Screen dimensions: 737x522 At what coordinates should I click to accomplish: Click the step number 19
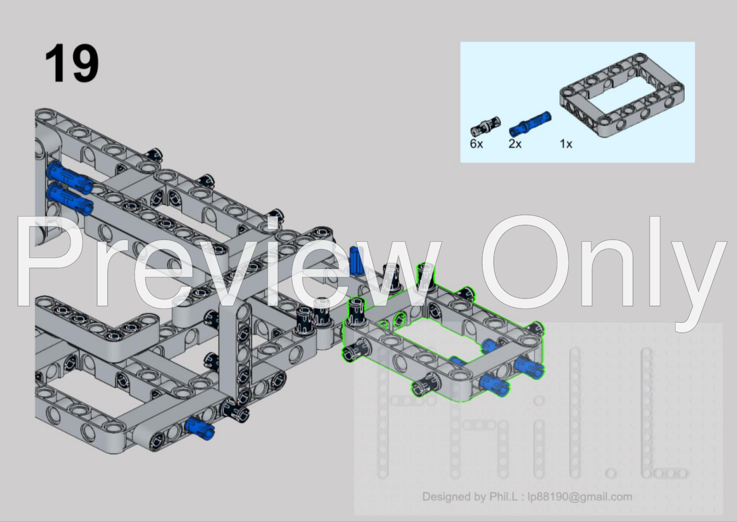[x=72, y=63]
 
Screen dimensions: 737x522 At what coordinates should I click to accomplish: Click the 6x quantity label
[x=476, y=144]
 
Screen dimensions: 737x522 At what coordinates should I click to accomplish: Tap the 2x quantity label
[x=515, y=144]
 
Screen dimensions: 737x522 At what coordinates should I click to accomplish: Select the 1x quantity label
[x=566, y=144]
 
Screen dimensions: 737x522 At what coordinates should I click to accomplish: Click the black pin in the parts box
[x=485, y=126]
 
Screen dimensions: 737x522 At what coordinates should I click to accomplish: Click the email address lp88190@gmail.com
[x=580, y=497]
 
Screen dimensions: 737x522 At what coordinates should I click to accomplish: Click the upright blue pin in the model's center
[x=356, y=261]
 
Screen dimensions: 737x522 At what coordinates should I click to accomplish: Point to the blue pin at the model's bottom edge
[x=200, y=428]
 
